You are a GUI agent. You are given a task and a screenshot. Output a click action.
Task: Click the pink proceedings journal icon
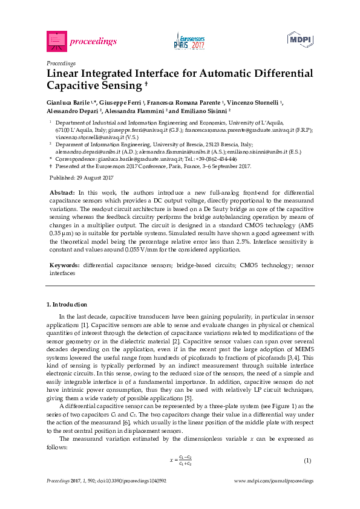(56, 41)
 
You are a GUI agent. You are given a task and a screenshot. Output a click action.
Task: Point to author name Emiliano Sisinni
(206, 111)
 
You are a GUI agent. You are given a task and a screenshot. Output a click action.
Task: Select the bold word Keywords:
(64, 265)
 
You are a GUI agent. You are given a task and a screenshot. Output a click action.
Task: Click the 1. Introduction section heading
(67, 304)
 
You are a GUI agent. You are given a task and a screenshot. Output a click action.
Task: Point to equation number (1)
(307, 461)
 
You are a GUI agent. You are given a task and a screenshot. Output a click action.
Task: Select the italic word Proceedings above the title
(61, 63)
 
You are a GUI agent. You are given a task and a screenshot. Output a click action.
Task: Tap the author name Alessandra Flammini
(139, 111)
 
